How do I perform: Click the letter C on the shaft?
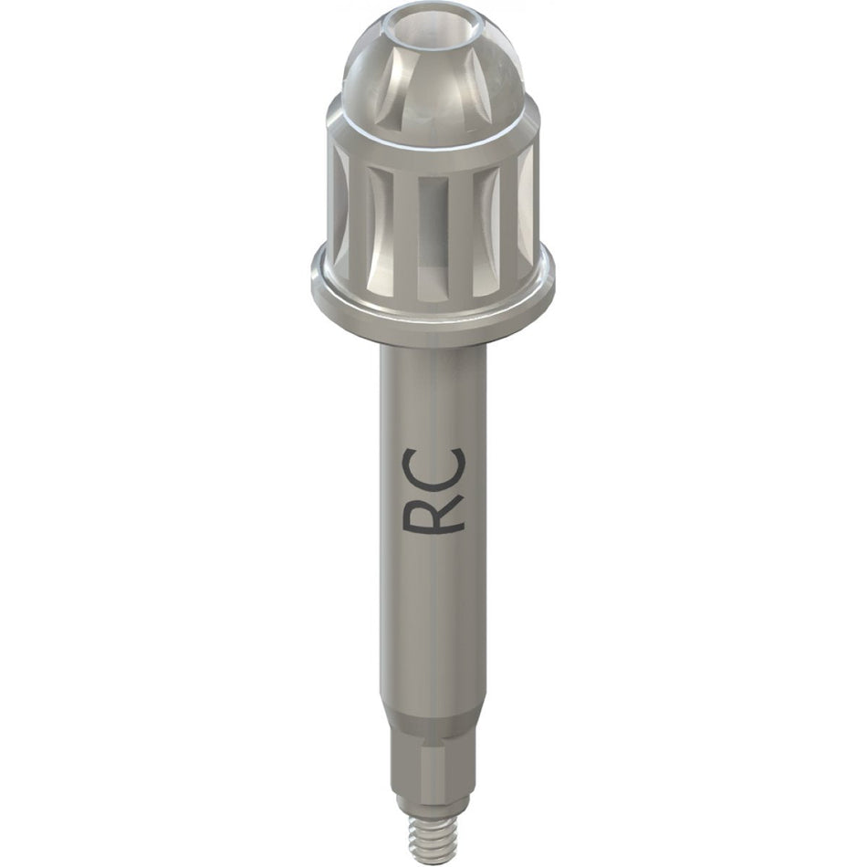pyautogui.click(x=435, y=466)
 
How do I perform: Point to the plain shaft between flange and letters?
pyautogui.click(x=433, y=392)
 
